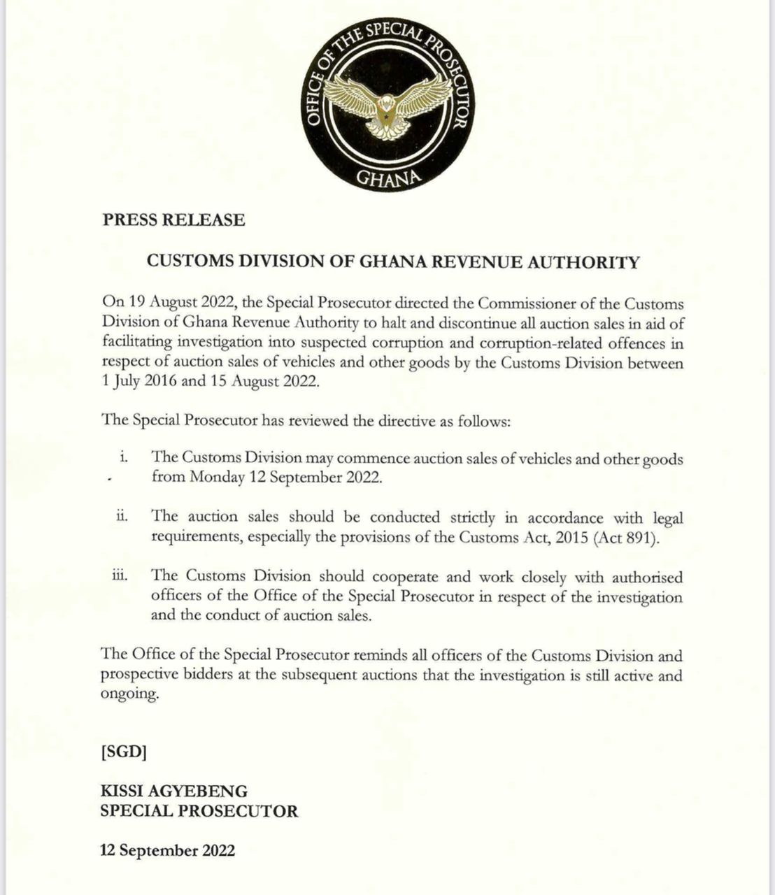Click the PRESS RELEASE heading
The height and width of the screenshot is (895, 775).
coord(173,220)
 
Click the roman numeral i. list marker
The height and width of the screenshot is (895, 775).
coord(123,457)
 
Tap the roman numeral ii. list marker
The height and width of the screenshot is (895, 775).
coord(122,516)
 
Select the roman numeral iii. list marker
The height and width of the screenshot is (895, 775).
coord(120,575)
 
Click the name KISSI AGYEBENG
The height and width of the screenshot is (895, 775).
coord(174,792)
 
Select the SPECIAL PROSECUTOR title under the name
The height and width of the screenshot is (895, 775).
coord(199,811)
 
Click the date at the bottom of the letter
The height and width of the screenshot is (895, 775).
coord(168,851)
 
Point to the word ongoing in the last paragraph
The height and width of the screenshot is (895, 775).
coord(129,696)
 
